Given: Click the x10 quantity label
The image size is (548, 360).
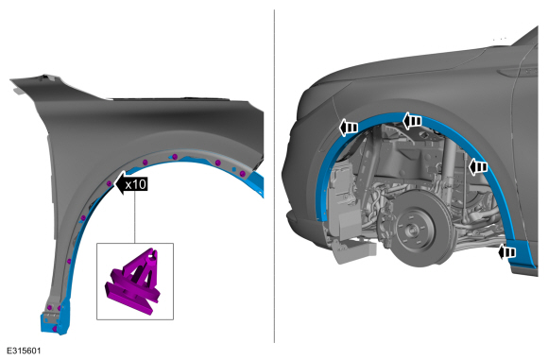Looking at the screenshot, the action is (136, 184).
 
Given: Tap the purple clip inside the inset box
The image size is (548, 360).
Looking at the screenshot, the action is (134, 283).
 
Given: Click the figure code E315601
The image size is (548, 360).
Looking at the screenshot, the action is (24, 351).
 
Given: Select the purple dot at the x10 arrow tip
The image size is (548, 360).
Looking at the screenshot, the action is (110, 183).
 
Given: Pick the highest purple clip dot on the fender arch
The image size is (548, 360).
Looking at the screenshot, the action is (175, 157).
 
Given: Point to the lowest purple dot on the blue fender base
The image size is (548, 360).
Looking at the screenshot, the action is (55, 329).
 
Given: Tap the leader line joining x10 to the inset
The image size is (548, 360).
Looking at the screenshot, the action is (134, 217).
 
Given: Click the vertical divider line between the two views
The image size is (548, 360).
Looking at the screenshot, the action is (274, 176).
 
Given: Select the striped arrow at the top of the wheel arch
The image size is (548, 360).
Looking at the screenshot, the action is (412, 121).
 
